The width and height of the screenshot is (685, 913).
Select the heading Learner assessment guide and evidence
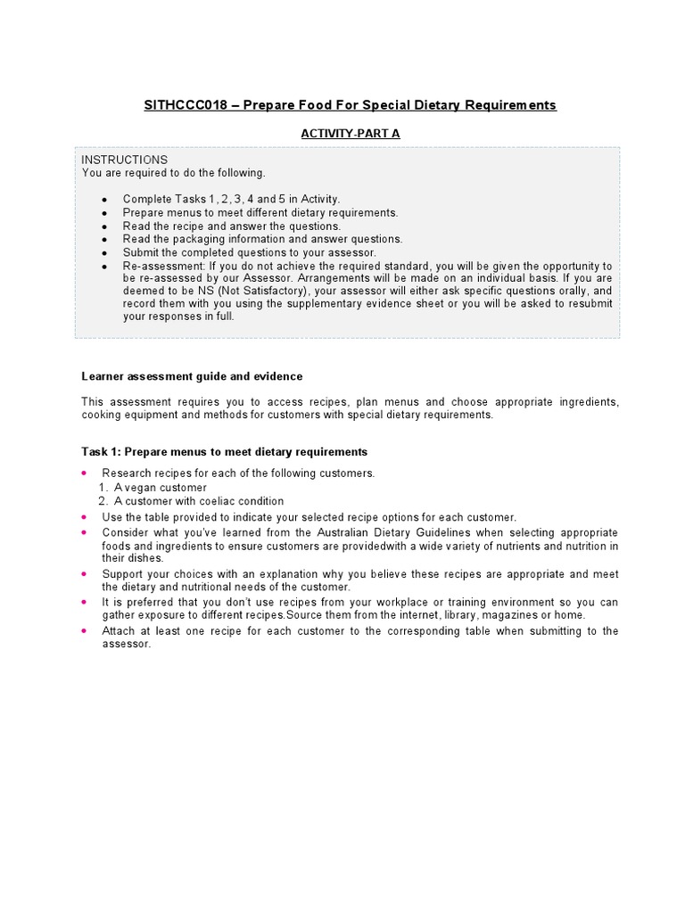tap(192, 376)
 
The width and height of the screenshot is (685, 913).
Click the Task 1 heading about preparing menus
tap(224, 452)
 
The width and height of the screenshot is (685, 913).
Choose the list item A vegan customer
tap(160, 488)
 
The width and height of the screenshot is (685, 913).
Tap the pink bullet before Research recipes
tap(84, 473)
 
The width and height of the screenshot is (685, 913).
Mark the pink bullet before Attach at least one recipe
tap(84, 630)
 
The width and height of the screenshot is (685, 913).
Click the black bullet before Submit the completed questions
tap(104, 252)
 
